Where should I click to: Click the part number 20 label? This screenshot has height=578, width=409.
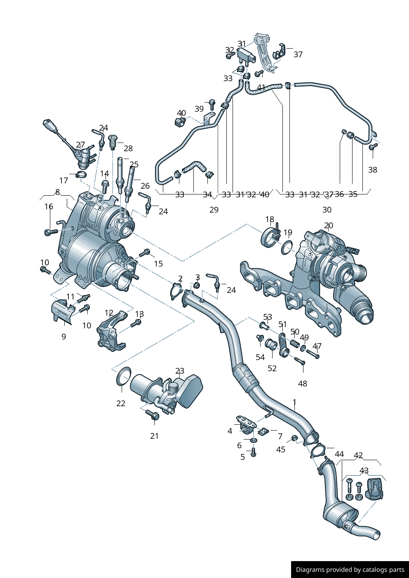click(x=328, y=226)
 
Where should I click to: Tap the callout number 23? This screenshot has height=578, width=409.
click(x=179, y=371)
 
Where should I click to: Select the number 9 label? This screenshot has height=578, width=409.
click(x=63, y=337)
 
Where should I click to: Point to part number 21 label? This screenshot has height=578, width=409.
click(x=154, y=436)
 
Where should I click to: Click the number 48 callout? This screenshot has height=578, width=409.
click(x=302, y=384)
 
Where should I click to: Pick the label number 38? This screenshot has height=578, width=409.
click(x=372, y=170)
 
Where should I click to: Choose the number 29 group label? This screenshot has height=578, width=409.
click(x=214, y=210)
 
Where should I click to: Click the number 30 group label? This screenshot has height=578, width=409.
click(x=327, y=210)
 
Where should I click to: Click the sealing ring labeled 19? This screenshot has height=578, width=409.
click(x=287, y=247)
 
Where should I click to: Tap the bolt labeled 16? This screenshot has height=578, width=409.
click(x=50, y=233)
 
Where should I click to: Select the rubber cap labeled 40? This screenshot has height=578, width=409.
click(x=179, y=122)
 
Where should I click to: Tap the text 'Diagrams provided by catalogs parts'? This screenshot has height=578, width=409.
click(x=350, y=570)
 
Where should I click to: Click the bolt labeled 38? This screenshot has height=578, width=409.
click(x=372, y=147)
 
